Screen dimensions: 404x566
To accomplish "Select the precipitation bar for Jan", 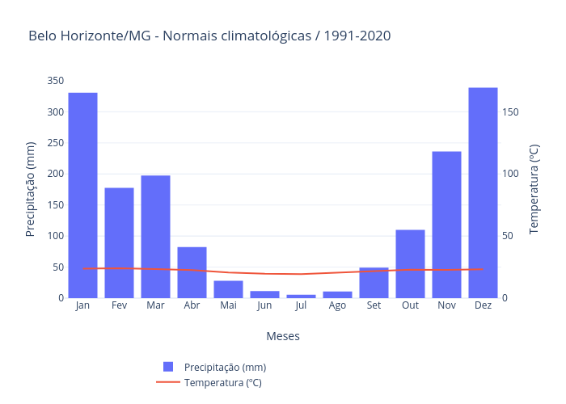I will pos(82,195).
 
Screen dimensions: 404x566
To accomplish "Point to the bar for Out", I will pos(410,263).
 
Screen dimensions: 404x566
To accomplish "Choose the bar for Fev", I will pos(119,242).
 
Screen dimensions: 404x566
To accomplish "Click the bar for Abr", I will pos(192,271).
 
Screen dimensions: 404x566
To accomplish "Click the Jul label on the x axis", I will pos(301,306).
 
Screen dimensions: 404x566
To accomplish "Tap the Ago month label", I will pos(337,306).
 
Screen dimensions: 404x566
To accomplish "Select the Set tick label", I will pos(374,306).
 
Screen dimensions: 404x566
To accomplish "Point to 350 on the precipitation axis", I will pos(55,81).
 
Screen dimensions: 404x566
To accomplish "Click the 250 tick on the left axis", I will pos(55,143).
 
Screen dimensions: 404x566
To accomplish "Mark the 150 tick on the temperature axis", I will pos(509,112).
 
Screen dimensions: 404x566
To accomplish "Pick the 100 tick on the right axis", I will pos(509,174).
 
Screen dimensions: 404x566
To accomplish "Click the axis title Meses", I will pos(283,336).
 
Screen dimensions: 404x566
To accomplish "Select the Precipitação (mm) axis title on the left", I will pos(31,189).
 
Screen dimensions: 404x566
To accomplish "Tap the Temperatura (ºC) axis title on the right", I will pos(534,189).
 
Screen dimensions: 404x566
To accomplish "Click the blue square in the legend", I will pos(168,367).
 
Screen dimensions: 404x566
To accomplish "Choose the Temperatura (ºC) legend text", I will pos(222,383).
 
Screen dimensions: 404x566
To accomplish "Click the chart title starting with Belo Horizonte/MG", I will pos(209,36).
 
